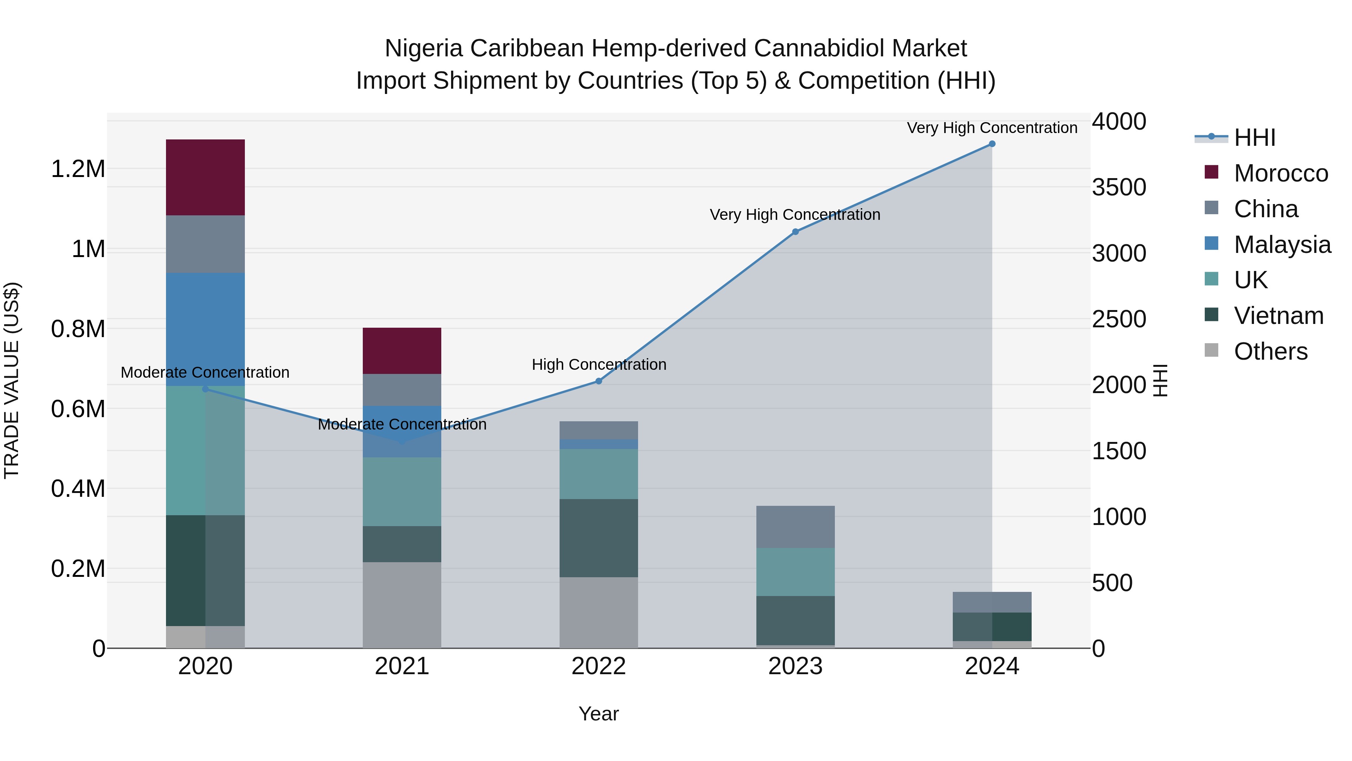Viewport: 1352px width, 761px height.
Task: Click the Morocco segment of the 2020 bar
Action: (x=205, y=177)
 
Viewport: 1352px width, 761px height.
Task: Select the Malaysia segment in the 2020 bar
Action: (x=205, y=329)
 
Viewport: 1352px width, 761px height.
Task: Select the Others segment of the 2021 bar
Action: (x=401, y=605)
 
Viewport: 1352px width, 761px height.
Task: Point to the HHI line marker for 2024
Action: (x=991, y=144)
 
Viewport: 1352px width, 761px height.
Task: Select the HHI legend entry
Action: (x=1254, y=138)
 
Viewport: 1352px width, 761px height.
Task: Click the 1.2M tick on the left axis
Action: (x=78, y=169)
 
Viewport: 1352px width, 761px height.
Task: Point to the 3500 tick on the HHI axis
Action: (x=1119, y=188)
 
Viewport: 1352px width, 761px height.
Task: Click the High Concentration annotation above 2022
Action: (x=599, y=365)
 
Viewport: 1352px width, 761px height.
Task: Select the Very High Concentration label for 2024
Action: (x=991, y=128)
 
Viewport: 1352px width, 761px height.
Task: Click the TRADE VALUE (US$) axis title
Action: (x=12, y=380)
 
